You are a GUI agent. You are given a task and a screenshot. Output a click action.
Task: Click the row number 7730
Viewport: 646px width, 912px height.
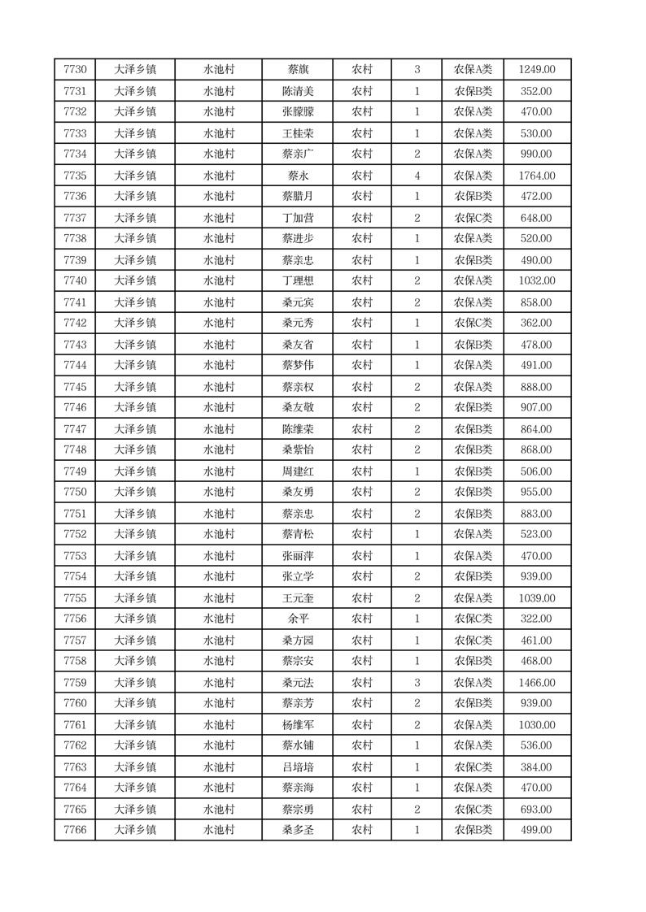coord(75,69)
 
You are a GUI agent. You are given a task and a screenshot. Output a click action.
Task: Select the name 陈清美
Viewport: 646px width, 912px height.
coord(298,91)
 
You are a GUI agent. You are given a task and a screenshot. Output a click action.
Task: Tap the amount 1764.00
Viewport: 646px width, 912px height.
coord(537,176)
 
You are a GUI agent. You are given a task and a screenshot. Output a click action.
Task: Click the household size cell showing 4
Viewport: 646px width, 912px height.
coord(417,176)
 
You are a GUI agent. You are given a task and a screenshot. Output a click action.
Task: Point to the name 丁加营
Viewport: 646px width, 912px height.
coord(298,218)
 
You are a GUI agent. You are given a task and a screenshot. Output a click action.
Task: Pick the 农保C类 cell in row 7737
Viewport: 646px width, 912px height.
coord(473,218)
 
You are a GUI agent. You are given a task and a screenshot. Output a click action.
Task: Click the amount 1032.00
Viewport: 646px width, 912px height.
coord(537,281)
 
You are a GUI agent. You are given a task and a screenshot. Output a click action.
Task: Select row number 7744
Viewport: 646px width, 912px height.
coord(75,366)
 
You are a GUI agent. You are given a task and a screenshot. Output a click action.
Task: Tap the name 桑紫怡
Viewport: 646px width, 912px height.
coord(298,450)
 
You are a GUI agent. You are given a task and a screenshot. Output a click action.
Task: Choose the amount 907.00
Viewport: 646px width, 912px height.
coord(537,408)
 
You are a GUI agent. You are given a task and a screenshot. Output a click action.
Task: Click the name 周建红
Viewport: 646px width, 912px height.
coord(298,471)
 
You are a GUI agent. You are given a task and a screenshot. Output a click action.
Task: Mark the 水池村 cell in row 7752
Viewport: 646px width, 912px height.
coord(219,534)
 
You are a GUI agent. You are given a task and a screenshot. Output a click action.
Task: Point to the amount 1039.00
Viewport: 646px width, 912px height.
coord(537,598)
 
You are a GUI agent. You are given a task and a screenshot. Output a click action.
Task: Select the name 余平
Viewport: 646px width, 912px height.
coord(298,619)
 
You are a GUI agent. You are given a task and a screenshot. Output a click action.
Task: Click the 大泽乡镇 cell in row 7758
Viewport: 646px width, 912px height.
coord(135,661)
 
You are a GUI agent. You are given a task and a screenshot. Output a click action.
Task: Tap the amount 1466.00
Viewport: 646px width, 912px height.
coord(537,683)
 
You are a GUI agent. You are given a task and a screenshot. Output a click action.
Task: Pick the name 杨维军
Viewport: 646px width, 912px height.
coord(298,725)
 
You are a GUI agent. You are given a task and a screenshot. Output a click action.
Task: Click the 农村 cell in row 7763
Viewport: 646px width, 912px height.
coord(362,767)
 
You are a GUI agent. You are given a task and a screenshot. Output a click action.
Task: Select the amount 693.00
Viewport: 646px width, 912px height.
coord(537,810)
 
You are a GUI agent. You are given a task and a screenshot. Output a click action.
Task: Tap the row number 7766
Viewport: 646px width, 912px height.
coord(75,830)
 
